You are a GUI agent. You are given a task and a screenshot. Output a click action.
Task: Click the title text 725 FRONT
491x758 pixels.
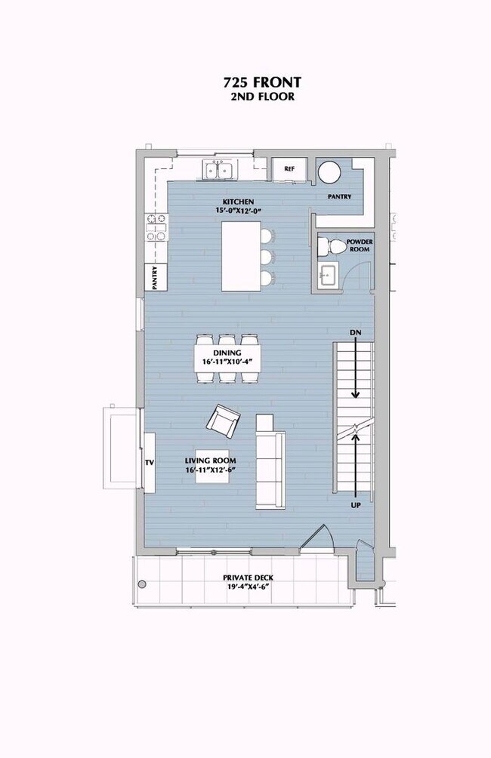pyautogui.click(x=261, y=82)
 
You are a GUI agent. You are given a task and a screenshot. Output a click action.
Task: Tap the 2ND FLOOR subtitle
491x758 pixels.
pyautogui.click(x=262, y=97)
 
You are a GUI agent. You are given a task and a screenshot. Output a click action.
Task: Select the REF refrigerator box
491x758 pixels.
pyautogui.click(x=289, y=169)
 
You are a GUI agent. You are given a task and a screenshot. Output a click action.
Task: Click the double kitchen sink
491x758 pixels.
pyautogui.click(x=219, y=170)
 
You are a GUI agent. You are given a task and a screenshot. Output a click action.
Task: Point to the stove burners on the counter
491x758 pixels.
pyautogui.click(x=156, y=227)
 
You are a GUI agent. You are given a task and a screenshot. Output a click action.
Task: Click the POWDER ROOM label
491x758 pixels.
pyautogui.click(x=360, y=245)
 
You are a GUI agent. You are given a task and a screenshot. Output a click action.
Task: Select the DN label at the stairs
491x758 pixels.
pyautogui.click(x=356, y=333)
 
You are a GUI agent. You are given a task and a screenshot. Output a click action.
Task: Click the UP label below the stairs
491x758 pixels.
pyautogui.click(x=356, y=505)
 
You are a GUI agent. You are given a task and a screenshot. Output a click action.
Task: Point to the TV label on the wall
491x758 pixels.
pyautogui.click(x=150, y=463)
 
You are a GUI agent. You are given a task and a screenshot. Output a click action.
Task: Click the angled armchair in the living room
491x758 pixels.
pyautogui.click(x=223, y=421)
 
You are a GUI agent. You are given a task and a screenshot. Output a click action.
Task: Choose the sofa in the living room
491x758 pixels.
pyautogui.click(x=270, y=461)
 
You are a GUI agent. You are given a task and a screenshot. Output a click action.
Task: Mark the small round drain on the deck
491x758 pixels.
pyautogui.click(x=142, y=584)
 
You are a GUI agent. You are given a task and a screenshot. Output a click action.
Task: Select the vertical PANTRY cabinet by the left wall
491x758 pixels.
pyautogui.click(x=156, y=277)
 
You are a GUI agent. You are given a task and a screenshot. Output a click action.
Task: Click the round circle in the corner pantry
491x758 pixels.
pyautogui.click(x=329, y=172)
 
